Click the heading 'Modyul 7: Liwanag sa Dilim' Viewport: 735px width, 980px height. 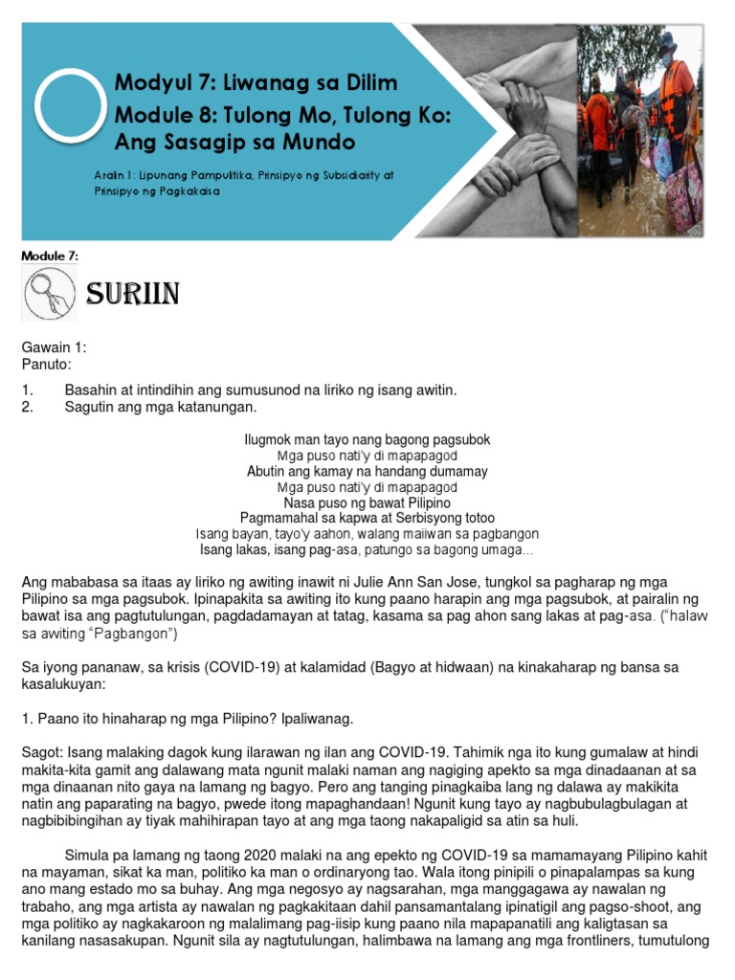point(256,83)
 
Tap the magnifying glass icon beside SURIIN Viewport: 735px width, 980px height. point(49,293)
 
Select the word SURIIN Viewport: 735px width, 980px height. point(132,294)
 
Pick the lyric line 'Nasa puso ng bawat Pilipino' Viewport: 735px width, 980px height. point(367,502)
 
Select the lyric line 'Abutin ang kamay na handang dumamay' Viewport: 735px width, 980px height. point(367,471)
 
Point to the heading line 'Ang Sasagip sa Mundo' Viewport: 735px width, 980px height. point(234,143)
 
